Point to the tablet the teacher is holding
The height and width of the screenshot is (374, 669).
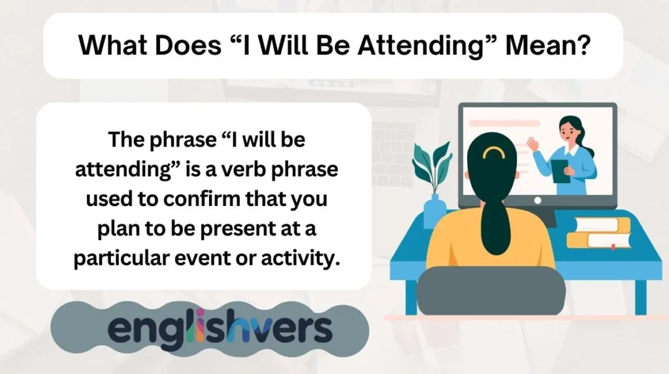pos(560,171)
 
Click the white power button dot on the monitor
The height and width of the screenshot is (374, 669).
pos(537,201)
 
